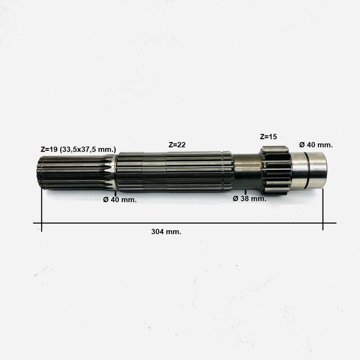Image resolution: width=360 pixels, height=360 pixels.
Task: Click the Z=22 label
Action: [177, 145]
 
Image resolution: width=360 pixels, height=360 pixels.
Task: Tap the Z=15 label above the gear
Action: [268, 137]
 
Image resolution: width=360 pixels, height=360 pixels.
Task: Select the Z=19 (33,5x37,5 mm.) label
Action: [78, 149]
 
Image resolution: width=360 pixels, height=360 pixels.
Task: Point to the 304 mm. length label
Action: [166, 232]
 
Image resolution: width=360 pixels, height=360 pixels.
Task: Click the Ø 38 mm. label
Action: [250, 198]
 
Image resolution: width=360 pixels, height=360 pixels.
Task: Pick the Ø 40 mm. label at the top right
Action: [316, 145]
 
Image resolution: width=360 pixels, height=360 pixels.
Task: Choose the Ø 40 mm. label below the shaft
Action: [120, 200]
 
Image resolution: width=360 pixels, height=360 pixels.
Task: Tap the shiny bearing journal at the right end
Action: [309, 171]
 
